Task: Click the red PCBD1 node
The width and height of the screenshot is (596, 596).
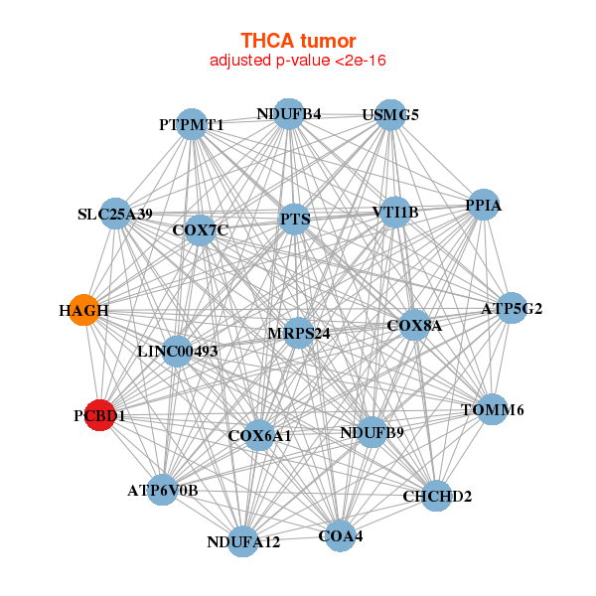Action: coord(98,414)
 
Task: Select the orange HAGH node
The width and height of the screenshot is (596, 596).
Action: coord(84,310)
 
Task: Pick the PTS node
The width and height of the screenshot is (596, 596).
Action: coord(295,219)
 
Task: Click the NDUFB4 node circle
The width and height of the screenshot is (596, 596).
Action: coord(289,114)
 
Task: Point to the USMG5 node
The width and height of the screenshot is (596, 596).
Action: coord(390,114)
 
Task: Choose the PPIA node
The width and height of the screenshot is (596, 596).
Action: coord(483,206)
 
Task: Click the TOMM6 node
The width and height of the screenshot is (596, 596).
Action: coord(492,409)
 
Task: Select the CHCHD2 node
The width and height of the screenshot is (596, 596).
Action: coord(436,495)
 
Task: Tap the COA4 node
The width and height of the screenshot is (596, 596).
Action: coord(340,535)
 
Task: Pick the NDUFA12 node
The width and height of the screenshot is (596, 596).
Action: coord(243,541)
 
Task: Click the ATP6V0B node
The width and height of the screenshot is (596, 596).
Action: coord(163,489)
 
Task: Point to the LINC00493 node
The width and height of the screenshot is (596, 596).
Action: coord(177,351)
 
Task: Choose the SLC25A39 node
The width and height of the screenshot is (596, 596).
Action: coord(116,214)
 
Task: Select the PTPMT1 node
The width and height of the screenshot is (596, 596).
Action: coord(192,124)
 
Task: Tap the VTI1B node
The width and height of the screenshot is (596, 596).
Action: coord(395,212)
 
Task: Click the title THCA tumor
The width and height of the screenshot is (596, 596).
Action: coord(297,41)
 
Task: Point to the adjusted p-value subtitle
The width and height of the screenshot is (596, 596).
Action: coord(297,61)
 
